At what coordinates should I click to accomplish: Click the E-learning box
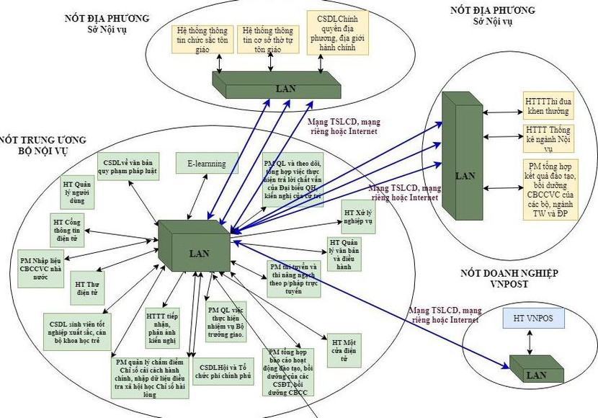pos(207,164)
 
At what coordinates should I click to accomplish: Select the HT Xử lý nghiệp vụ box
pos(358,218)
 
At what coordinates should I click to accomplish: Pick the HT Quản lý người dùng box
pos(77,192)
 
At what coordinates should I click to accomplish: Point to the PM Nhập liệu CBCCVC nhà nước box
pos(46,264)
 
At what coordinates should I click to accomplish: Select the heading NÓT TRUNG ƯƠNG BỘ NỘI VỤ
pos(43,145)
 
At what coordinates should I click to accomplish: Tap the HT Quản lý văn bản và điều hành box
pos(344,253)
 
